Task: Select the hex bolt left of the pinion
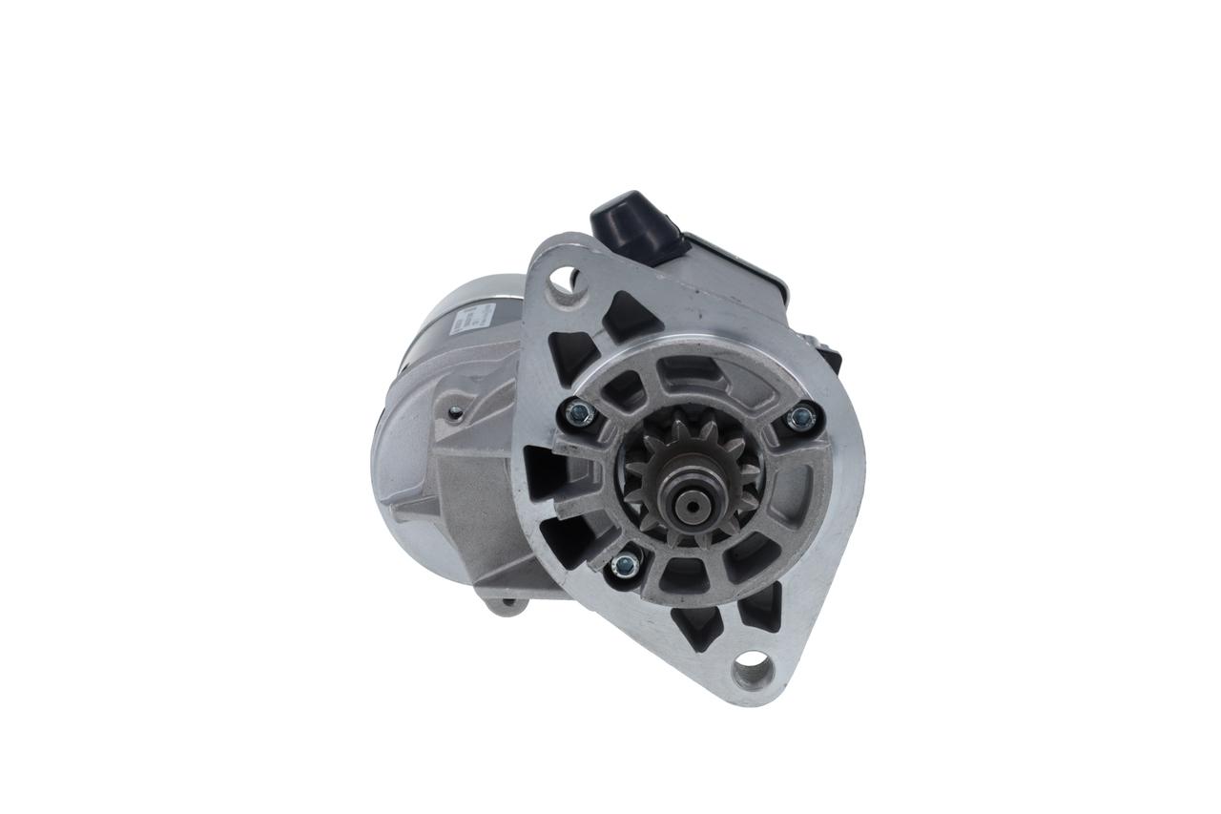[x=578, y=412]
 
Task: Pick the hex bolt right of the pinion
[x=802, y=416]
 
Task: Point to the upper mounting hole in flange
[x=569, y=280]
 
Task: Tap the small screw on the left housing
[x=455, y=412]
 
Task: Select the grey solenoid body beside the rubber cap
[x=735, y=272]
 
